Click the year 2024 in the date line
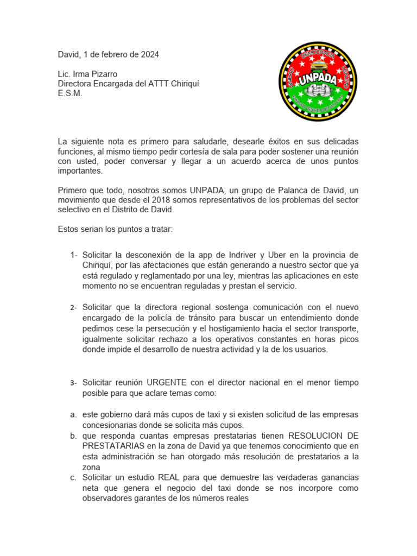click(x=149, y=55)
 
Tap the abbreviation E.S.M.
click(x=70, y=93)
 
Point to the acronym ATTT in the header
click(x=163, y=84)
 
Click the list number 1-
click(x=74, y=255)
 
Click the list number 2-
click(x=74, y=308)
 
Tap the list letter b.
click(x=73, y=436)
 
